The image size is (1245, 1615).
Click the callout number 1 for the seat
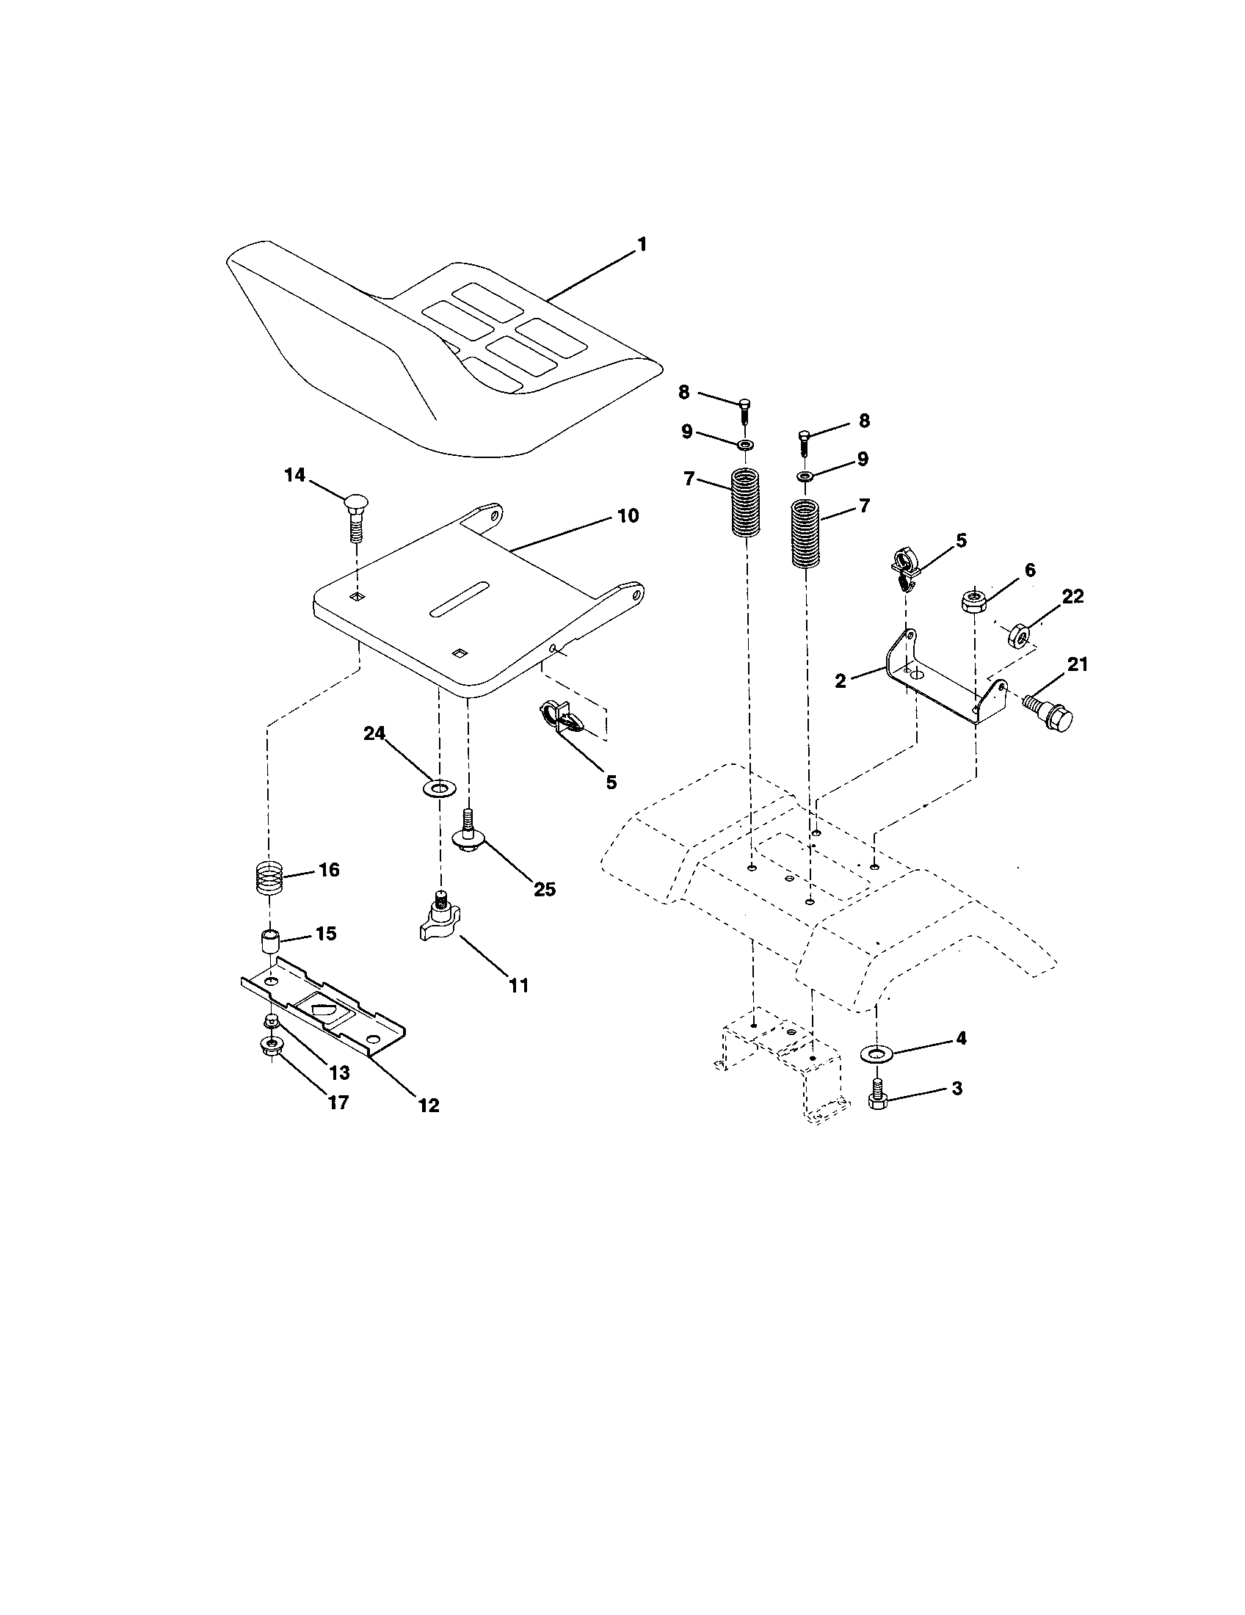[642, 244]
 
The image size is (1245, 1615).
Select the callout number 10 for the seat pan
[628, 515]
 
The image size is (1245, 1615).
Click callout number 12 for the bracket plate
[428, 1105]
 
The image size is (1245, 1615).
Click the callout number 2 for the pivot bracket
[841, 681]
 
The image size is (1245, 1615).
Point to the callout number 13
[338, 1073]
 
